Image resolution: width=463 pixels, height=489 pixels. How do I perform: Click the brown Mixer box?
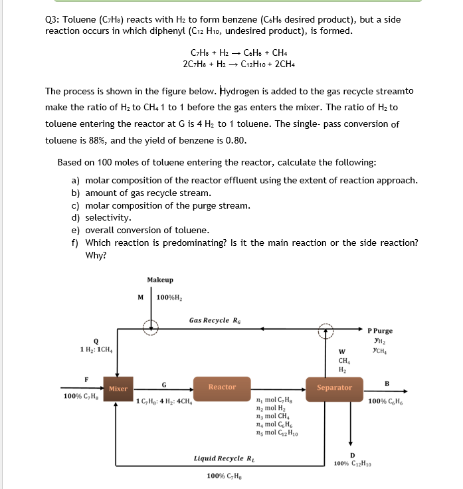[x=118, y=388]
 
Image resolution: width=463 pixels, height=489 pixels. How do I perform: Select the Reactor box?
[x=222, y=387]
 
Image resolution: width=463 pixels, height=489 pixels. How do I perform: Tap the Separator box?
[x=334, y=387]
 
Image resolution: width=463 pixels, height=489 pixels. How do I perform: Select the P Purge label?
[x=380, y=330]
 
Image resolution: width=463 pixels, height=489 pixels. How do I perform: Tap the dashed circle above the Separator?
[x=325, y=329]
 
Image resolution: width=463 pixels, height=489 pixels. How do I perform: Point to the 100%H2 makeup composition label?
[x=170, y=296]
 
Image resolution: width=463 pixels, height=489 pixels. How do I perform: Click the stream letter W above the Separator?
[x=341, y=352]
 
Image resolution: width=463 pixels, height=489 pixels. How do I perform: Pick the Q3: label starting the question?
[x=52, y=19]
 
